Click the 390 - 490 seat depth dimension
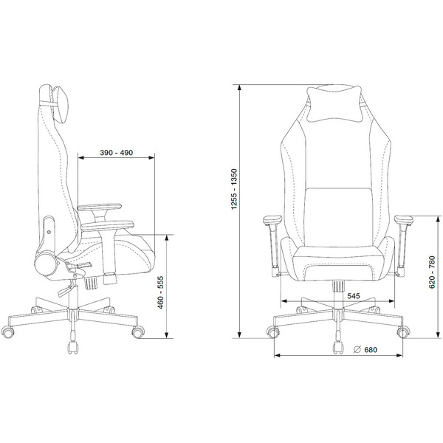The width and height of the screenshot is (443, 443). [116, 153]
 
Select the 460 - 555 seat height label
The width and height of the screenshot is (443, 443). [160, 292]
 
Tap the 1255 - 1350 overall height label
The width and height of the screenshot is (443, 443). [234, 189]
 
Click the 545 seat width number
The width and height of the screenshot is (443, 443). [354, 296]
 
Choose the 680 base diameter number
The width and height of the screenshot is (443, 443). [371, 350]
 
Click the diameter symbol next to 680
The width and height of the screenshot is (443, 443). [357, 349]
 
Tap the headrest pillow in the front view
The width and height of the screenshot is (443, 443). [334, 103]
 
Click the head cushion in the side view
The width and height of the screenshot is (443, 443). [60, 104]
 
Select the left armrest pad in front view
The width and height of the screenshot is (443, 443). [272, 219]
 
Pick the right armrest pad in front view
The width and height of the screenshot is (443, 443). [404, 219]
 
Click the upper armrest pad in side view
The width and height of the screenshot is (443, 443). [100, 207]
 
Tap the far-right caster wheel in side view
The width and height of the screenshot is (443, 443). [138, 332]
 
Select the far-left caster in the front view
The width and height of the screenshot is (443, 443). [273, 332]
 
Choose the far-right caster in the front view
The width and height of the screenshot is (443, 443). [403, 332]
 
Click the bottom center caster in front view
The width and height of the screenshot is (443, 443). [338, 348]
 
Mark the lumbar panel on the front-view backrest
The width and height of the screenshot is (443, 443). [338, 217]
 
